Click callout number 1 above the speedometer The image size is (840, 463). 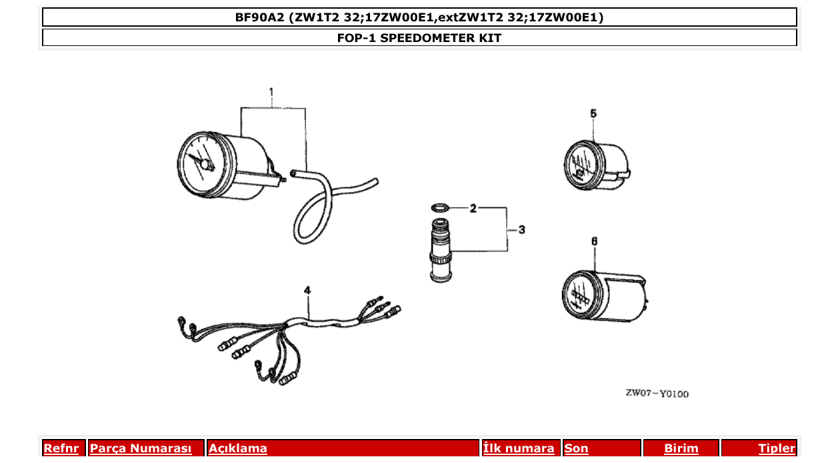(271, 91)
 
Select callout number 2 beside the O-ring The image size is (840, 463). (473, 209)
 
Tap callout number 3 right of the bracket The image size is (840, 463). (521, 229)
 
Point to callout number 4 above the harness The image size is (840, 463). (307, 290)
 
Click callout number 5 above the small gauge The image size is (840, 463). (593, 113)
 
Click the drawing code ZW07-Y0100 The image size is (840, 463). (657, 394)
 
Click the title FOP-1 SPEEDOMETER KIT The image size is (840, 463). (419, 38)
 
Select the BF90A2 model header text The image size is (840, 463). (419, 17)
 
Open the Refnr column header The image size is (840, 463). (61, 448)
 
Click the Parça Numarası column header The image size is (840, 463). (141, 448)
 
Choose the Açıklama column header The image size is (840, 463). (238, 448)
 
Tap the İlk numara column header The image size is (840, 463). (519, 448)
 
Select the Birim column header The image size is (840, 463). (681, 448)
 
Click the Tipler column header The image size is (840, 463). (776, 448)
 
